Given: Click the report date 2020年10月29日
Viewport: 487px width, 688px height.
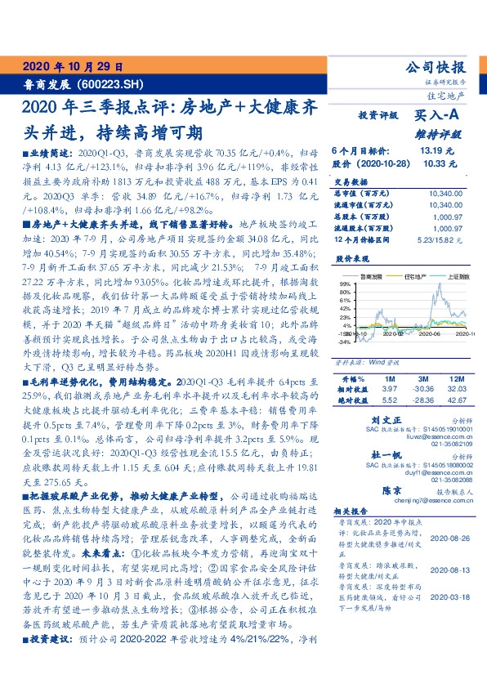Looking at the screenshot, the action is pos(72,67).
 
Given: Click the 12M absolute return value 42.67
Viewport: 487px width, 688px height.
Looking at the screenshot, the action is pos(457,401).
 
